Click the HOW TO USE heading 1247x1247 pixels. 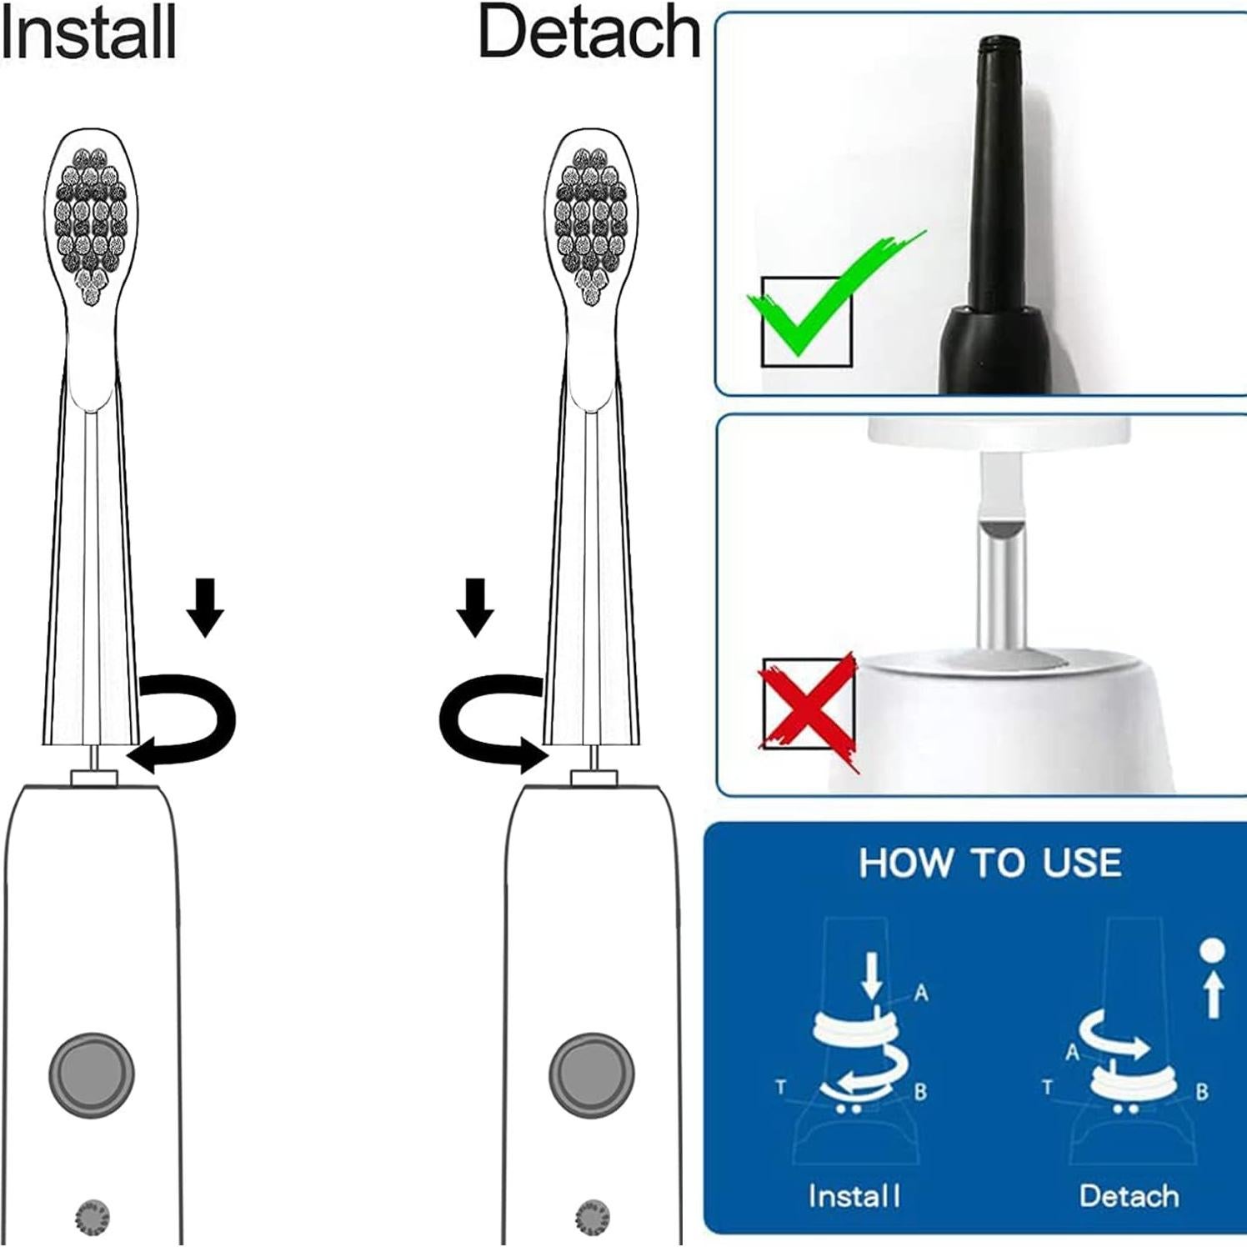[x=989, y=863]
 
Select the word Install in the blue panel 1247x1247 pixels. [x=854, y=1196]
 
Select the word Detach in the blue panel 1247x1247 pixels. [x=1129, y=1196]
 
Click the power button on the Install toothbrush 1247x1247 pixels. [x=92, y=1072]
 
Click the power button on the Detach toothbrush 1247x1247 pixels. [x=591, y=1072]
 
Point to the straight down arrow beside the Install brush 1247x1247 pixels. [x=205, y=608]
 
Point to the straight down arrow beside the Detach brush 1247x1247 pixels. [x=475, y=608]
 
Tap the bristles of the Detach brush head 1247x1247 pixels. [x=591, y=221]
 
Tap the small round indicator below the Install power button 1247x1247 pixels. [x=92, y=1218]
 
